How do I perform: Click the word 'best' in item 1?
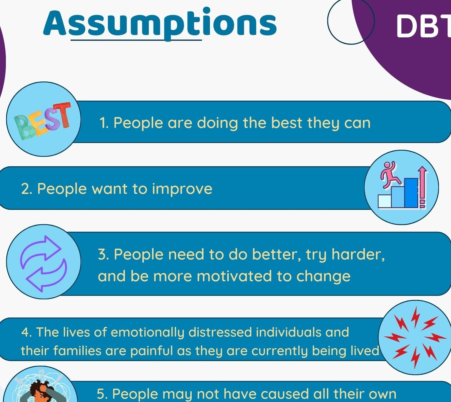click(x=286, y=123)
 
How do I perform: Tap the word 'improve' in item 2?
click(x=182, y=189)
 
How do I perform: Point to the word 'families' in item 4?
click(x=73, y=351)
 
